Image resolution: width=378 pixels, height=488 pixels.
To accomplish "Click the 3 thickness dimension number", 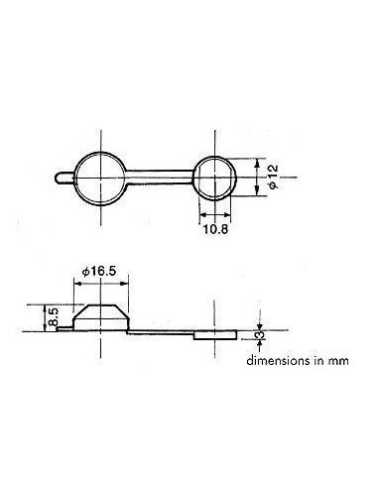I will [259, 338].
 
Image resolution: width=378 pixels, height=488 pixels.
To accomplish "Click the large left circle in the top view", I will [100, 178].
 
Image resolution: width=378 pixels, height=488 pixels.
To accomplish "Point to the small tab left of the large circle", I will [63, 178].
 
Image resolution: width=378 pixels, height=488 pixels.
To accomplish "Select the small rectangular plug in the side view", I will [216, 336].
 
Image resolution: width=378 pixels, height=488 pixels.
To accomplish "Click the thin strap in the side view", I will [159, 330].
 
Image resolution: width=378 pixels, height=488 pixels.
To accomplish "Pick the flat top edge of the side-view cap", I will [100, 304].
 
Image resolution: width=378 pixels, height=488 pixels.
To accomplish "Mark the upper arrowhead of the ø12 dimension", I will [258, 161].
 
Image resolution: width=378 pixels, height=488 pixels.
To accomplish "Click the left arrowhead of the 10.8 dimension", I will [203, 215].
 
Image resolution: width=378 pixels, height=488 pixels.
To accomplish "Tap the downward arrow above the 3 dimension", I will [259, 325].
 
